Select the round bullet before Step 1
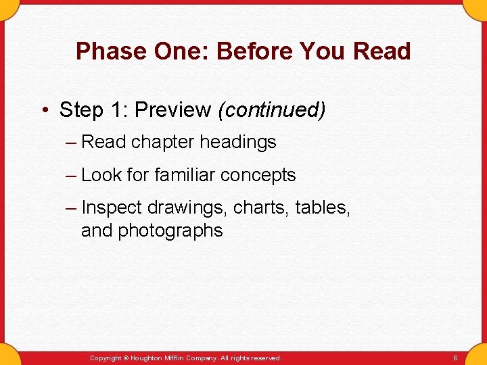click(x=45, y=110)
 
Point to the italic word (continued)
click(x=271, y=109)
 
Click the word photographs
click(x=170, y=230)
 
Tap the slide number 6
click(x=455, y=358)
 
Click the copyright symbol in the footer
click(x=125, y=358)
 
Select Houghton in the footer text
click(x=147, y=358)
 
